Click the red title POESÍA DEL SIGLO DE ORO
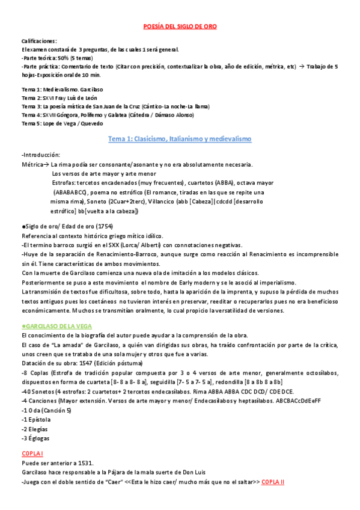coord(180,26)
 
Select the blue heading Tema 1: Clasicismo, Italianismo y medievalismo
coord(179,139)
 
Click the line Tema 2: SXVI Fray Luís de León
coord(59,98)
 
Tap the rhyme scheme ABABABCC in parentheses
coord(72,192)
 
